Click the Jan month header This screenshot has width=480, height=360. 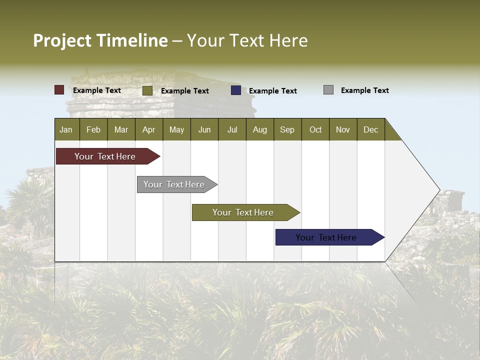[x=66, y=129]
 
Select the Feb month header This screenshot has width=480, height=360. [x=93, y=129]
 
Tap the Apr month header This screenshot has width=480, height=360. [x=148, y=129]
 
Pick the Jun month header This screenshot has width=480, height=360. [x=204, y=129]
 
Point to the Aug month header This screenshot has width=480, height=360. [x=259, y=129]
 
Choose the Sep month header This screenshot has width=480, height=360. [x=287, y=129]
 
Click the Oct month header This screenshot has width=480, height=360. [x=315, y=129]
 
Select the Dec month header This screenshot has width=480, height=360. [x=370, y=129]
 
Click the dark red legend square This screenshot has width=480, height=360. [x=59, y=90]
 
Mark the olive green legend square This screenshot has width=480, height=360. [x=147, y=90]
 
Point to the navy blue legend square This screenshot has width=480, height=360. [x=236, y=90]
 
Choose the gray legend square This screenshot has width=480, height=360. [x=328, y=90]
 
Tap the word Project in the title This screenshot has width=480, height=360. [x=62, y=40]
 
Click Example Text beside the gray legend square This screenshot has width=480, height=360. [x=364, y=90]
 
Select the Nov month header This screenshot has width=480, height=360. [x=343, y=129]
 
